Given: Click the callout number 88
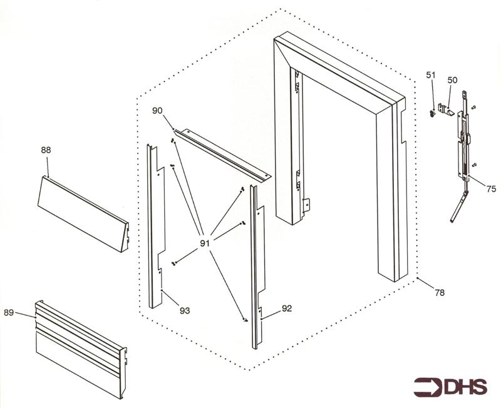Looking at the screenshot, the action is [x=46, y=150].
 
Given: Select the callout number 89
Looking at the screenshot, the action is [x=9, y=312].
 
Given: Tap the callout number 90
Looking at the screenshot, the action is [x=157, y=111].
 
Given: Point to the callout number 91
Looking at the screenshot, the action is [x=205, y=243].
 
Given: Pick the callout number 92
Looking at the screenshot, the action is [x=287, y=309].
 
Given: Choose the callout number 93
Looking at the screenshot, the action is [x=185, y=310].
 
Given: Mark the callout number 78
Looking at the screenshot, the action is [x=440, y=292].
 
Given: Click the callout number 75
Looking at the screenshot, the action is [x=491, y=189].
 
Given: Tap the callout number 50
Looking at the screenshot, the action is [x=452, y=80].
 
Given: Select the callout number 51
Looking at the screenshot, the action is [x=431, y=75].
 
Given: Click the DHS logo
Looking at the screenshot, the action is [x=450, y=387].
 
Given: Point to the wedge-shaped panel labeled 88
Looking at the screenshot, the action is [x=83, y=214].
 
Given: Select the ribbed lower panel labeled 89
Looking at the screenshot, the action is [x=81, y=349].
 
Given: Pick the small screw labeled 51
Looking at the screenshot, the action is [x=432, y=113].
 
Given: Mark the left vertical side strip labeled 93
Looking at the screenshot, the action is [x=155, y=227].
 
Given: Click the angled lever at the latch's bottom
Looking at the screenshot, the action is [x=459, y=207].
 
